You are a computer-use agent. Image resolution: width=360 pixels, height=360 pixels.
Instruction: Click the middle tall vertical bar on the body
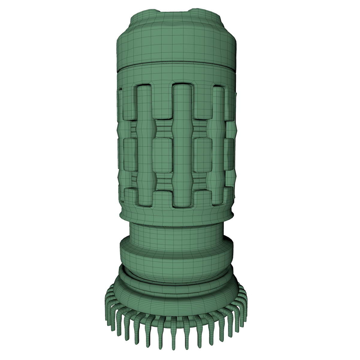pyautogui.click(x=182, y=147)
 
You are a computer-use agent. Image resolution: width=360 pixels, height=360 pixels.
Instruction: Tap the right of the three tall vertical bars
pyautogui.click(x=218, y=147)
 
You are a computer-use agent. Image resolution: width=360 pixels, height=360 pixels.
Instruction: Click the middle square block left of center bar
pyautogui.click(x=162, y=155)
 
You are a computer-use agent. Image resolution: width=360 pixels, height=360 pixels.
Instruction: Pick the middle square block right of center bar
pyautogui.click(x=202, y=155)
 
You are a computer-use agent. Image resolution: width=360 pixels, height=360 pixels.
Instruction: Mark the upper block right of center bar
pyautogui.click(x=202, y=102)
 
